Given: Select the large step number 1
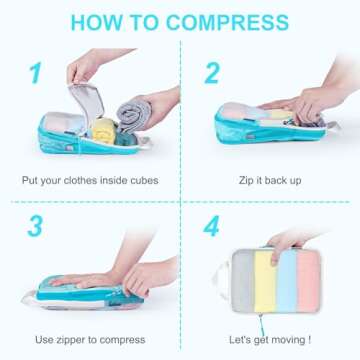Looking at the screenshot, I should [x=37, y=73].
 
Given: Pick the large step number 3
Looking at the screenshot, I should [x=37, y=225].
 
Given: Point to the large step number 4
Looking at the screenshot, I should [x=212, y=225].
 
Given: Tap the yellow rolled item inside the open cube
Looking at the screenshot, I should [x=103, y=128].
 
